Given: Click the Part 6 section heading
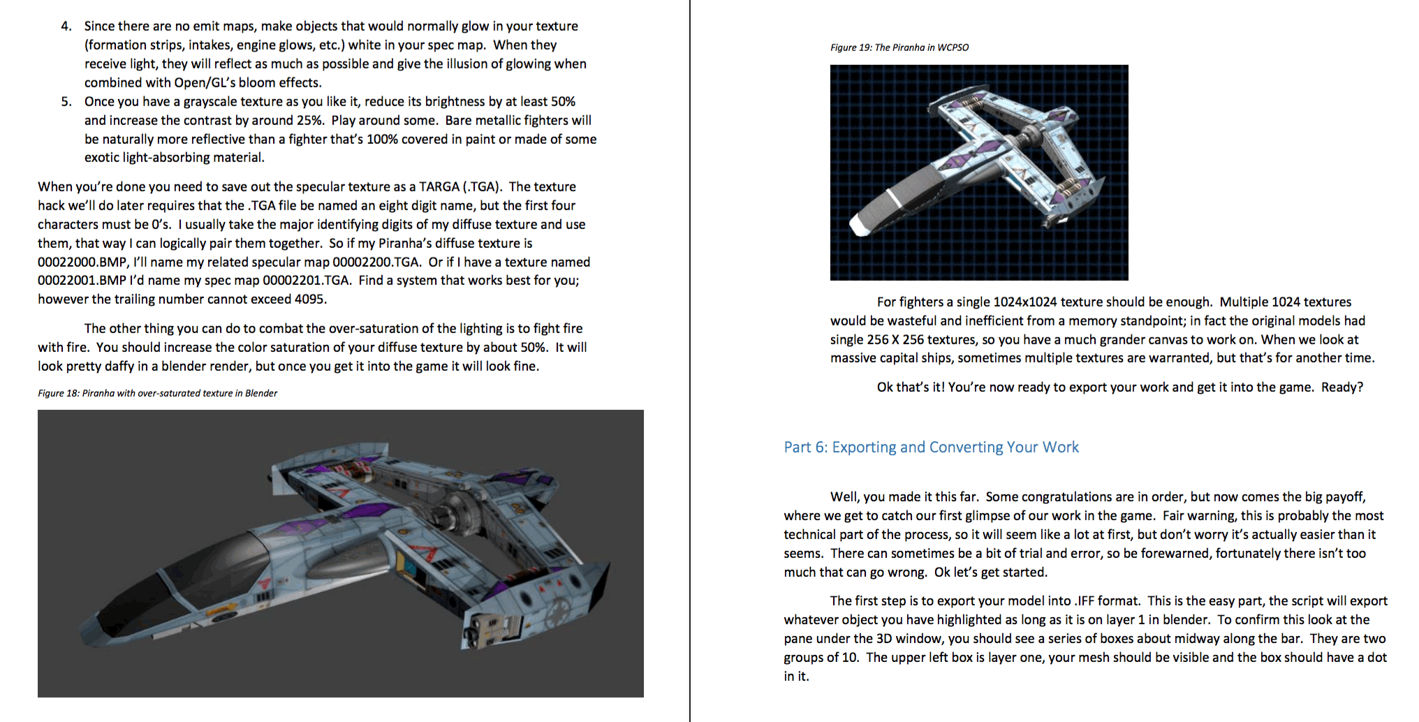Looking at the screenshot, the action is (x=931, y=447).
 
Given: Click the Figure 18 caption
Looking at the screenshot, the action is (x=157, y=393).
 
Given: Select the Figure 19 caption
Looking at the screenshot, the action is (x=899, y=47).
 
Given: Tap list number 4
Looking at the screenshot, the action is (x=66, y=27).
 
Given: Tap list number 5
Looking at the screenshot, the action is (x=66, y=102).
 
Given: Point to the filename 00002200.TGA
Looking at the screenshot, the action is (x=376, y=263).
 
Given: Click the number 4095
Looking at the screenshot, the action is (x=310, y=300).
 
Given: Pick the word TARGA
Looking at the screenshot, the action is (x=439, y=187).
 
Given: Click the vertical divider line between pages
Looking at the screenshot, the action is (x=690, y=361).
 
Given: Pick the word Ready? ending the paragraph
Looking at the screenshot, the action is (x=1341, y=388).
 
